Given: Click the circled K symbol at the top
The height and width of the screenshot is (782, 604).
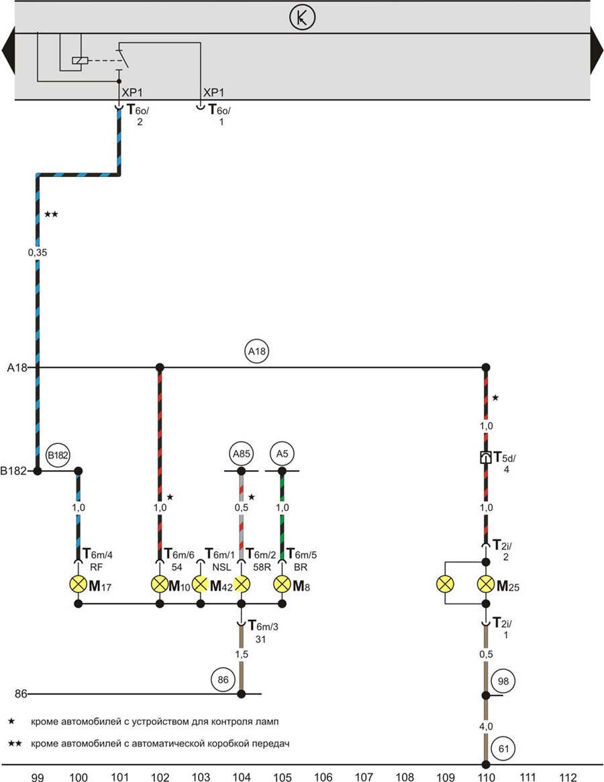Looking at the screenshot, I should (x=302, y=18).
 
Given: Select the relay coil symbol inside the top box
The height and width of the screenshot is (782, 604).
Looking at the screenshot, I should (x=79, y=60).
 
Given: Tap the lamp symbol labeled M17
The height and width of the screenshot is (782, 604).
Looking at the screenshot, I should (x=79, y=583).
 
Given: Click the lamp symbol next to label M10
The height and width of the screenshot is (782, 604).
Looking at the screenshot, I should (x=160, y=583).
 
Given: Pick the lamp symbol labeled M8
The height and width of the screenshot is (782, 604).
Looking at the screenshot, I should (x=282, y=583).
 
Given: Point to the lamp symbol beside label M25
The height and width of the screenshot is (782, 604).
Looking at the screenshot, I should (x=485, y=583).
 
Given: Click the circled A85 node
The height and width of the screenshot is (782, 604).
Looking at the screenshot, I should (x=241, y=455).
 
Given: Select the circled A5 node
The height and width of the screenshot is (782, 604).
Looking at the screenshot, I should (x=282, y=455).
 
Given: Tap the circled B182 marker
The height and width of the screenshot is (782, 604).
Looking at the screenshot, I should (x=58, y=455).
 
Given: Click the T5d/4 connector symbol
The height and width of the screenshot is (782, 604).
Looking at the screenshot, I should (x=485, y=459).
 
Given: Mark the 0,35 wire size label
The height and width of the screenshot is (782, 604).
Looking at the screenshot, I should (x=38, y=253).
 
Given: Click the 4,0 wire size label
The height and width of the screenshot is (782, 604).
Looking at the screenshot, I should (x=485, y=725).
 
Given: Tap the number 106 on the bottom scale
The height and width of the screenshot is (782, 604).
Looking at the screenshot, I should (x=323, y=777).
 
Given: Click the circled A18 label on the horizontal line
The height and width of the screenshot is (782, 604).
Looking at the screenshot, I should (x=258, y=351).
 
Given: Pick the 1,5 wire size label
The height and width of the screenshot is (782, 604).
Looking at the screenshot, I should (x=241, y=653).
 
